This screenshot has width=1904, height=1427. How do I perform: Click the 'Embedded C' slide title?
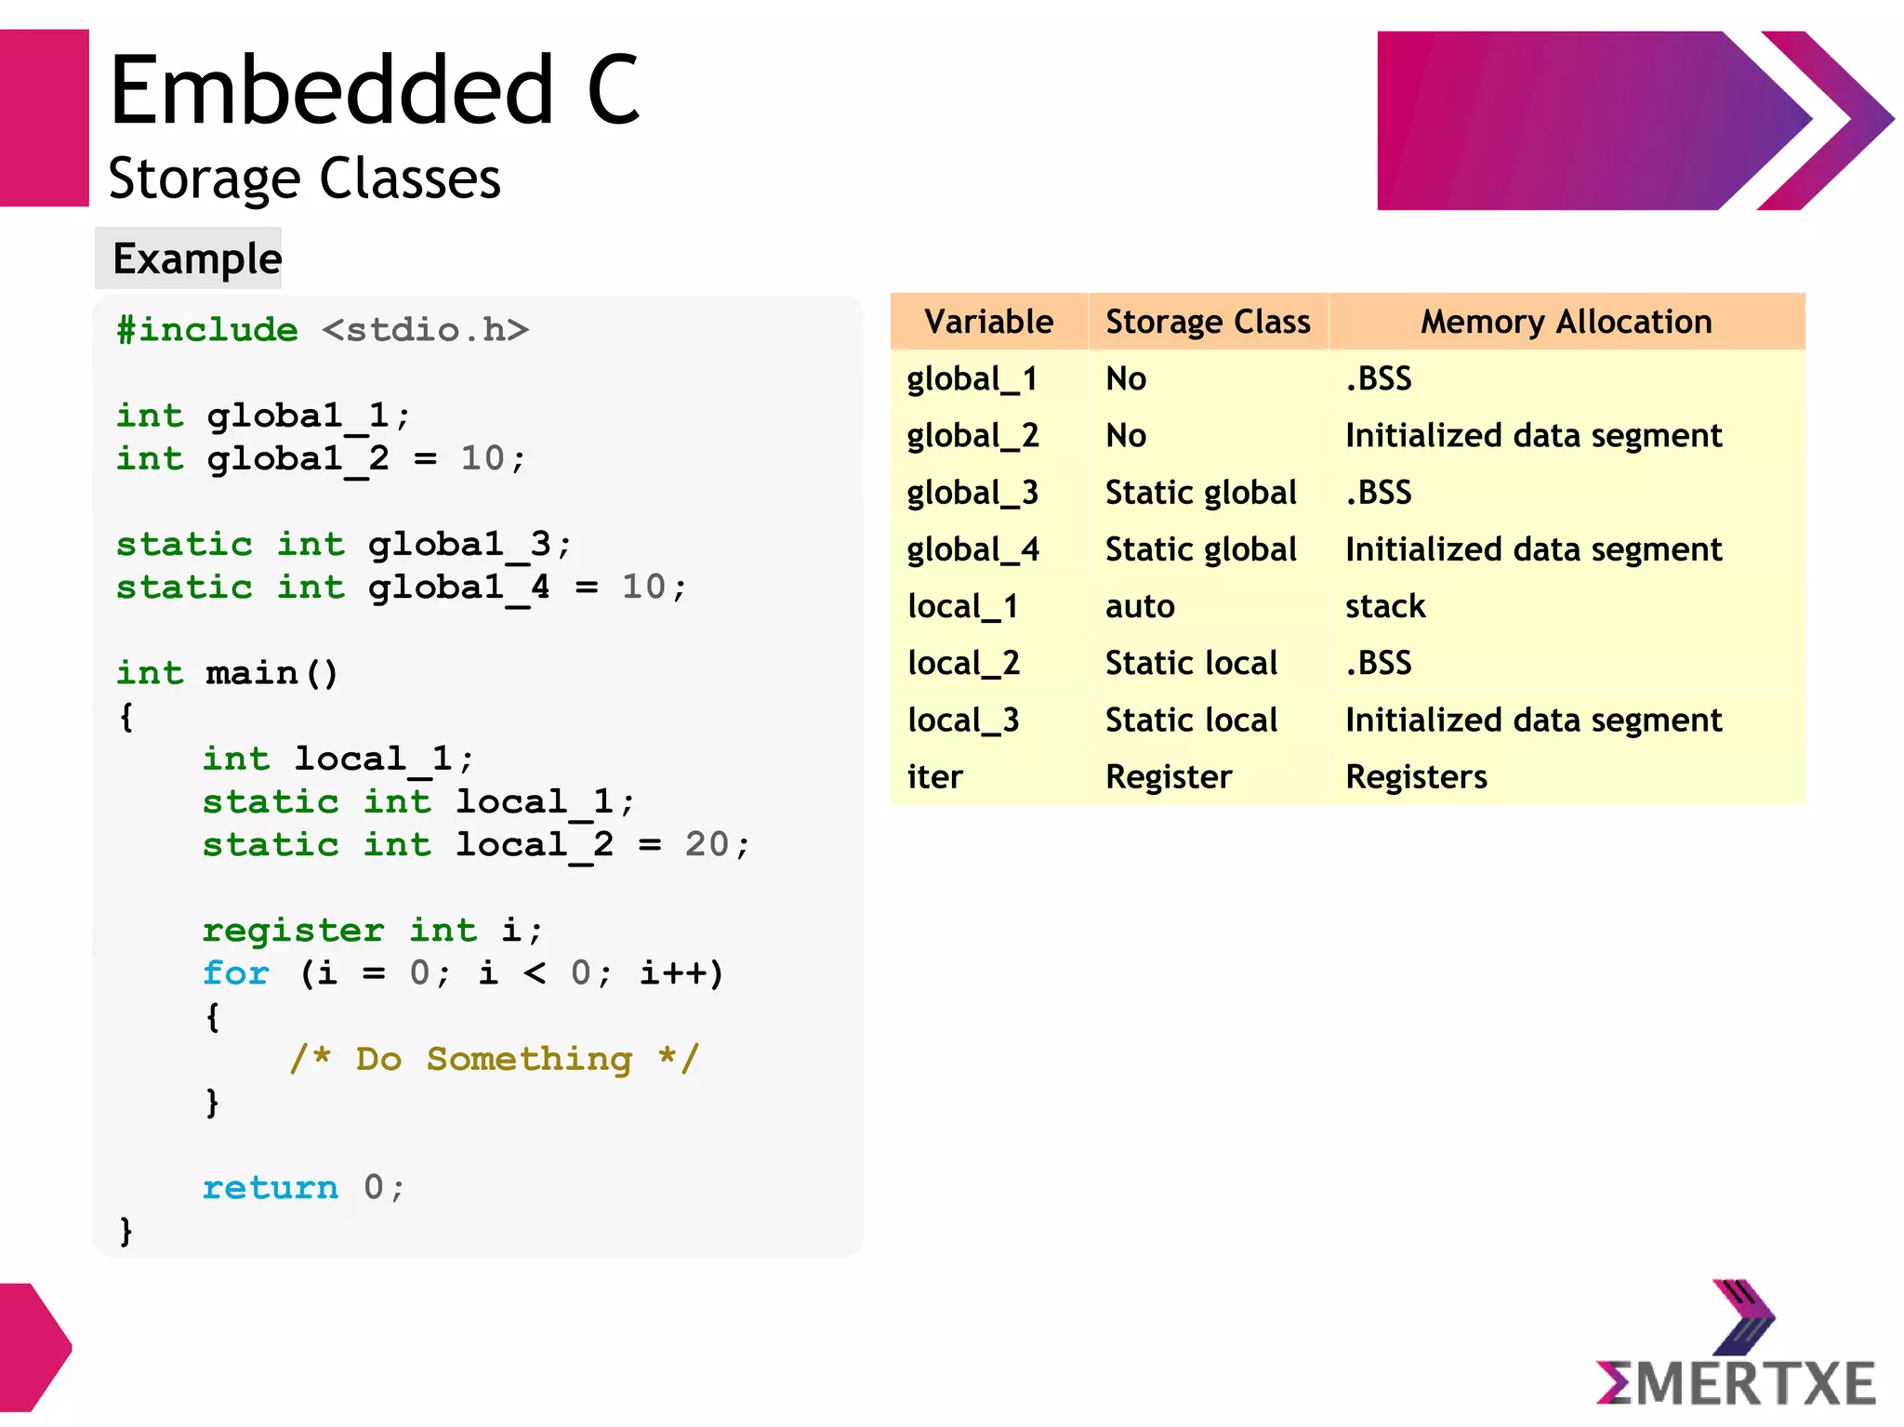tap(375, 90)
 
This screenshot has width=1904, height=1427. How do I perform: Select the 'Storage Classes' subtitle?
tap(304, 178)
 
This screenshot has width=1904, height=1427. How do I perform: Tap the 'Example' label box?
tap(196, 258)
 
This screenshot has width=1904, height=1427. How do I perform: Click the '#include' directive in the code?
tap(206, 330)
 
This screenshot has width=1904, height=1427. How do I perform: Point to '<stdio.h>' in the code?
tap(425, 330)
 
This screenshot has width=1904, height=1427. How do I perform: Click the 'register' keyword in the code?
tap(293, 930)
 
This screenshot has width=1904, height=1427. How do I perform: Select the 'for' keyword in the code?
tap(236, 973)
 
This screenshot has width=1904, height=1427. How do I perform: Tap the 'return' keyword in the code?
tap(270, 1187)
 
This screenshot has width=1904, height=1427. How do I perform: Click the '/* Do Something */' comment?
tap(494, 1059)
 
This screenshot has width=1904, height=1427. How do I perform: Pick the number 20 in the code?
tap(707, 844)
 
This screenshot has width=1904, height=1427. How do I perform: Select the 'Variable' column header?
tap(988, 322)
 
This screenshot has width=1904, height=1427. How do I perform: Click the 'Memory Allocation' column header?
tap(1566, 322)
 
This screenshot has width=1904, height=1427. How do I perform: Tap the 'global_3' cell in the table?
tap(972, 493)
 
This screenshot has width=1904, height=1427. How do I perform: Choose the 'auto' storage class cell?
tap(1140, 607)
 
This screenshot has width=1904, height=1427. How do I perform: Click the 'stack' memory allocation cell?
tap(1384, 607)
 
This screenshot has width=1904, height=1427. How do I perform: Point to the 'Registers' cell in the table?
tap(1416, 777)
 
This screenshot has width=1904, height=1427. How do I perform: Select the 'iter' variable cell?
tap(934, 777)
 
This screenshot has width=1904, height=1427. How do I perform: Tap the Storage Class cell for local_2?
tap(1191, 664)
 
